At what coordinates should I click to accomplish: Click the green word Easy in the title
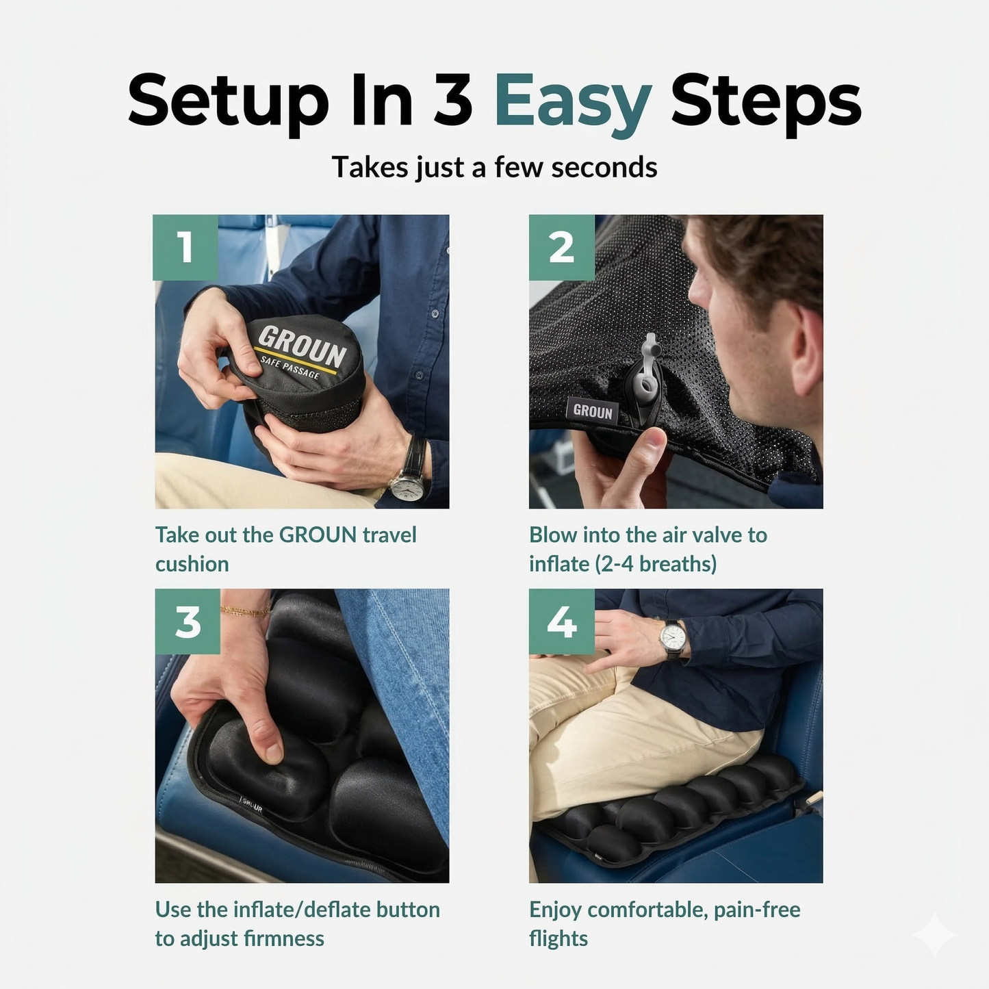click(x=572, y=103)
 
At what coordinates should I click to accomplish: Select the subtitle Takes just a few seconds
click(x=494, y=167)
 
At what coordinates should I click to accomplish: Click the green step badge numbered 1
click(x=185, y=247)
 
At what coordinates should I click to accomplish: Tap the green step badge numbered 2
click(x=561, y=247)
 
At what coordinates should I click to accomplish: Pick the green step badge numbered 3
click(x=188, y=621)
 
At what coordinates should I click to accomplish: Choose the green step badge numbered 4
click(x=561, y=621)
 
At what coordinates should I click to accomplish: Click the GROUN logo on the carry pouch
click(x=301, y=346)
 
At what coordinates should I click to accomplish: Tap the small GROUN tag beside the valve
click(x=592, y=411)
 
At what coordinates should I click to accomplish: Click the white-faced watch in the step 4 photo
click(x=673, y=637)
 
